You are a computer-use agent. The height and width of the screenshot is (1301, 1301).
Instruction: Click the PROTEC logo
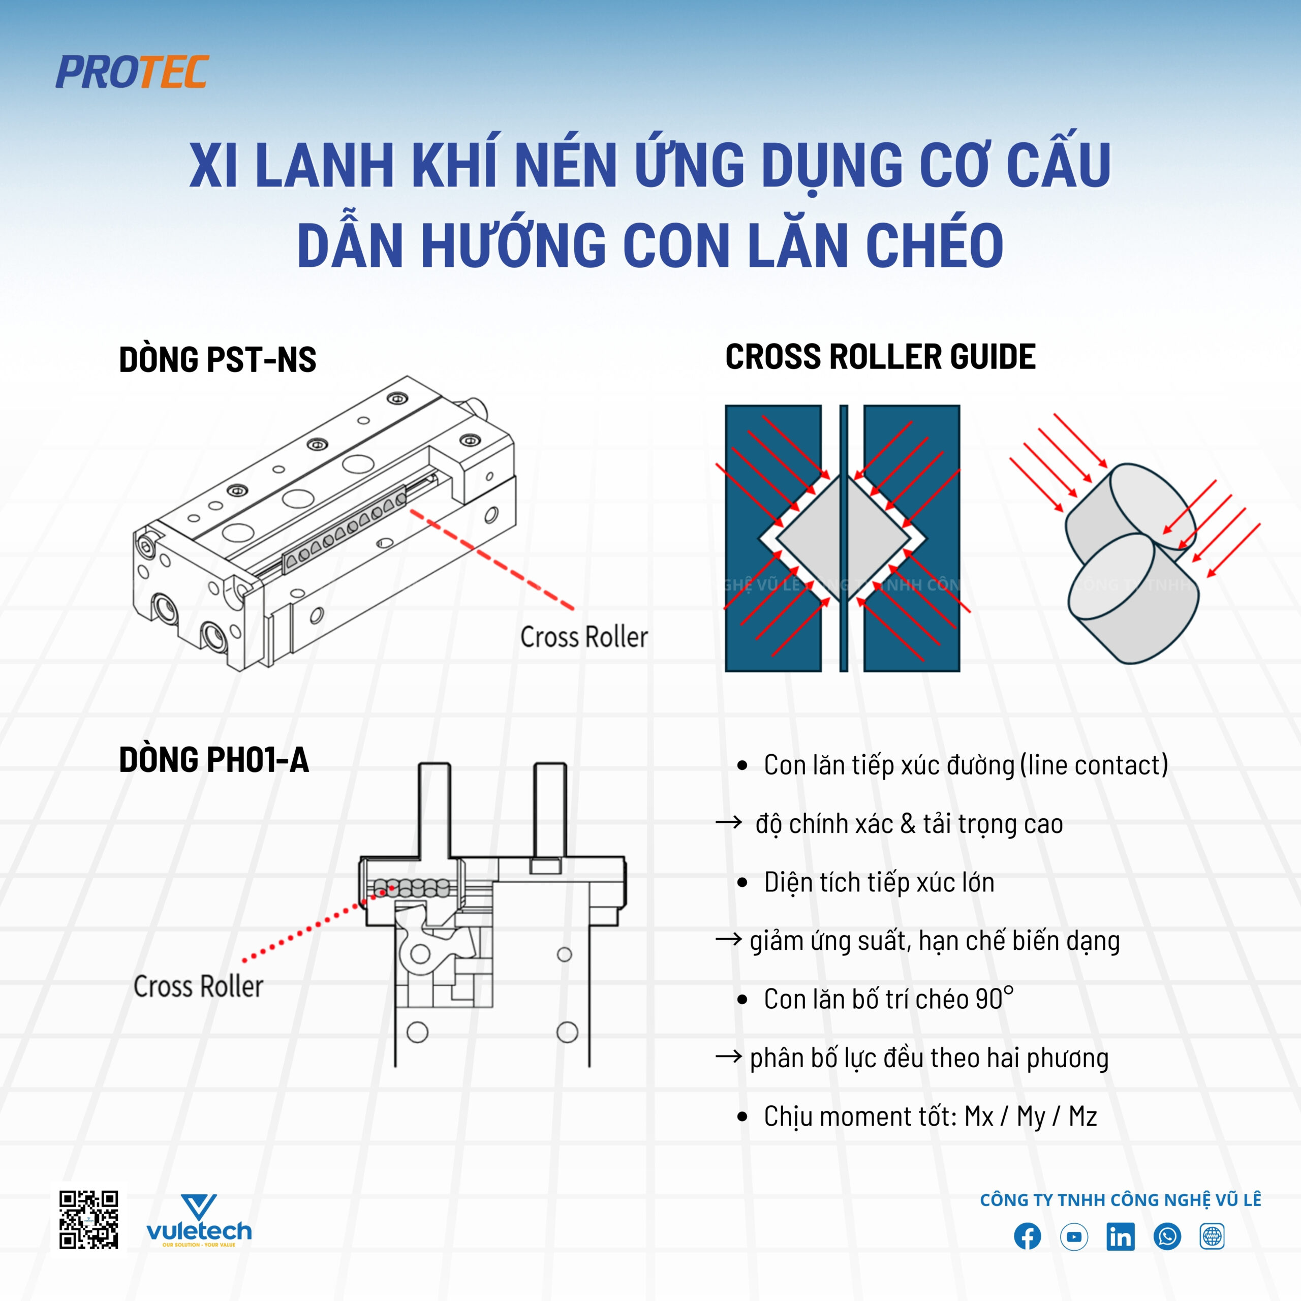pyautogui.click(x=132, y=72)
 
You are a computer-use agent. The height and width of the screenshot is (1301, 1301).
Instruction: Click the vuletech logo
pyautogui.click(x=199, y=1221)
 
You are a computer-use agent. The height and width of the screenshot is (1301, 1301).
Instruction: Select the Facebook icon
pyautogui.click(x=1027, y=1236)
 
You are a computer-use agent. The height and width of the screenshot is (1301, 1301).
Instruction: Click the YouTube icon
pyautogui.click(x=1073, y=1236)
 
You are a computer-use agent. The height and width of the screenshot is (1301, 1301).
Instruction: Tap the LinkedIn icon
pyautogui.click(x=1120, y=1236)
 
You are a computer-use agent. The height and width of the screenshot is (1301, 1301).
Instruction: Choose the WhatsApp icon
pyautogui.click(x=1167, y=1236)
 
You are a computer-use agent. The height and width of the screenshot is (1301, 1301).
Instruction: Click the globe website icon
pyautogui.click(x=1212, y=1236)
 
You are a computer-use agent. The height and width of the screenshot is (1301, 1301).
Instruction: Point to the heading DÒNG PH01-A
pyautogui.click(x=214, y=760)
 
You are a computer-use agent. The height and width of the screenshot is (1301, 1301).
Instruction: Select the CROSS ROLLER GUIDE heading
pyautogui.click(x=880, y=356)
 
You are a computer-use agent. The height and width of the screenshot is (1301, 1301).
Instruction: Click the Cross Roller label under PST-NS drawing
pyautogui.click(x=584, y=636)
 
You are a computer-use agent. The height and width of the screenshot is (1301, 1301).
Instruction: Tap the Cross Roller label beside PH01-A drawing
pyautogui.click(x=199, y=986)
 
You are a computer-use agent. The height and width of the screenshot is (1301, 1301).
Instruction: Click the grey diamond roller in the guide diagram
pyautogui.click(x=844, y=537)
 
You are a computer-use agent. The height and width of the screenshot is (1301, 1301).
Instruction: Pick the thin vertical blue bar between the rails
pyautogui.click(x=844, y=538)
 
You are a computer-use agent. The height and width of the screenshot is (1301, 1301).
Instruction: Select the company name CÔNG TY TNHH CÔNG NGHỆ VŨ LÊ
pyautogui.click(x=1120, y=1199)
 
